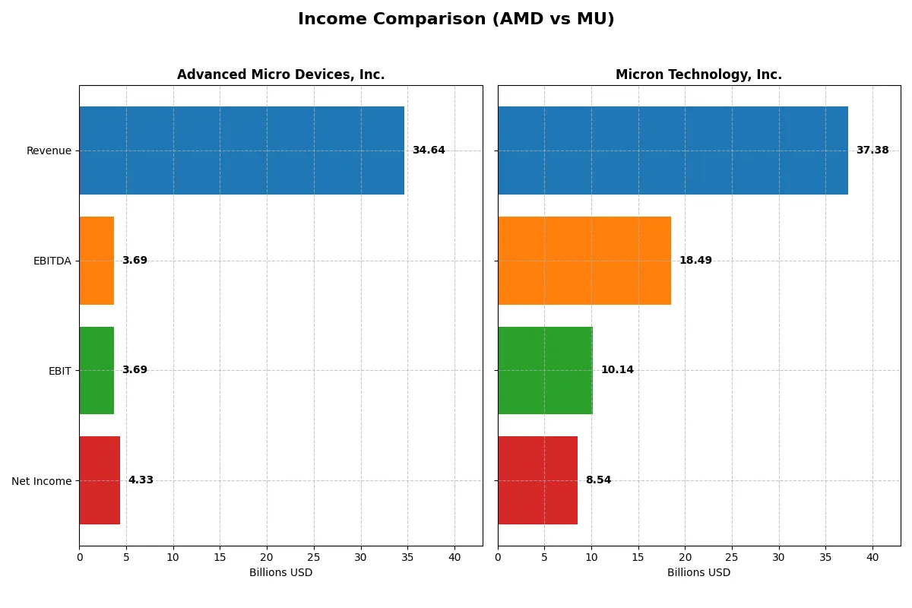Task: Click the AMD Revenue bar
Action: coord(242,150)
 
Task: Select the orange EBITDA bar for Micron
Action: coord(584,261)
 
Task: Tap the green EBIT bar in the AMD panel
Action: coord(97,370)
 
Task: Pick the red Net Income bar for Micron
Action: coord(537,480)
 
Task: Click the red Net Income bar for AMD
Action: coord(100,480)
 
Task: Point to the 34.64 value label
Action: coord(429,150)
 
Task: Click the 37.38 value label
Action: coord(872,150)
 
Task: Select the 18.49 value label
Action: coord(695,261)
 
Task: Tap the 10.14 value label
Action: coord(617,370)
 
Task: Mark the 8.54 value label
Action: coord(598,480)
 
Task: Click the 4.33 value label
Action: coord(141,480)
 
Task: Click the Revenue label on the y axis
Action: coord(49,150)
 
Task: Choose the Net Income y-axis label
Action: coord(42,481)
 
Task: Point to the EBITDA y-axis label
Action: coord(52,261)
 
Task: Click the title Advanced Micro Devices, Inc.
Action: coord(280,74)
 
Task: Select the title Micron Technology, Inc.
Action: coord(698,74)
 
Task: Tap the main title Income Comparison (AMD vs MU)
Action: coord(456,19)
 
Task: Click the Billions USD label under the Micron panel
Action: coord(698,573)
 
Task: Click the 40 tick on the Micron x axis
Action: coord(872,557)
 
